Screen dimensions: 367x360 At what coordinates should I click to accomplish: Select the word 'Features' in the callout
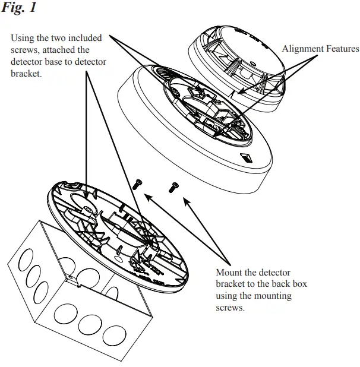(342, 49)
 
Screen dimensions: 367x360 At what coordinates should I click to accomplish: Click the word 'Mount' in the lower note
(229, 273)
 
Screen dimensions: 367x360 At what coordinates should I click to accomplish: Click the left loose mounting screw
(137, 185)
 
